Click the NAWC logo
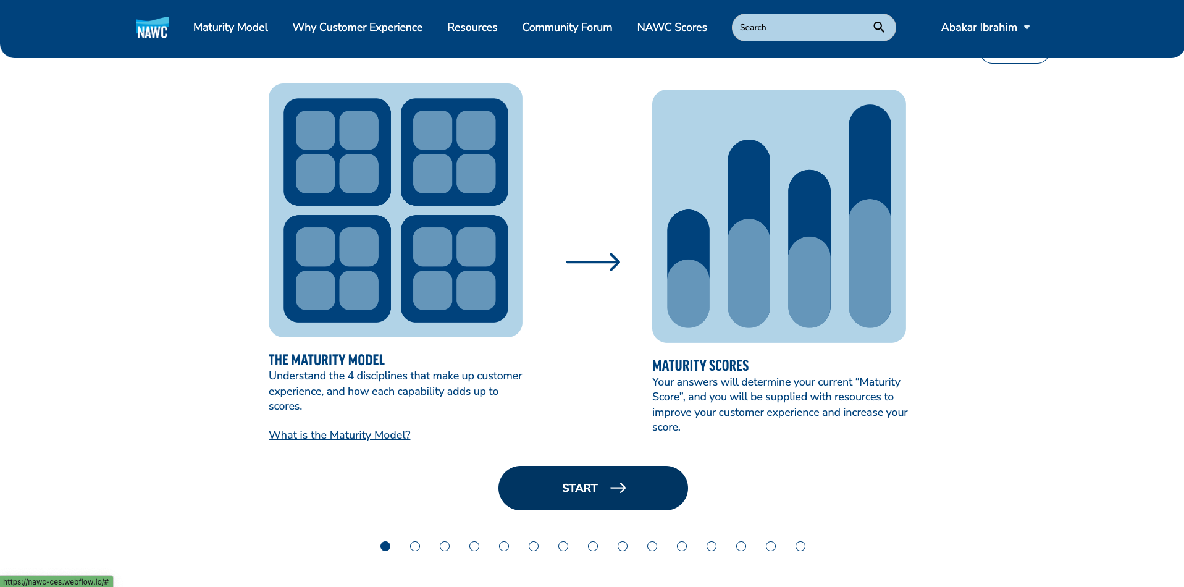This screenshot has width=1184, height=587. pyautogui.click(x=152, y=28)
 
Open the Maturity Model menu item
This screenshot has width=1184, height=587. pyautogui.click(x=230, y=27)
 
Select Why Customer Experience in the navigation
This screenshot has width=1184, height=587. pyautogui.click(x=358, y=27)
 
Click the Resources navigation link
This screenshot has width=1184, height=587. pyautogui.click(x=472, y=27)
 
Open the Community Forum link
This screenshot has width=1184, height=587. pyautogui.click(x=567, y=27)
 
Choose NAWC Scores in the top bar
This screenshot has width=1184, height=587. pyautogui.click(x=672, y=27)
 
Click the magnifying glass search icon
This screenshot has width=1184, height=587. pyautogui.click(x=879, y=27)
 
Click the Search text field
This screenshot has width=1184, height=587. pyautogui.click(x=803, y=27)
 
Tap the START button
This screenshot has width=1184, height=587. pyautogui.click(x=593, y=488)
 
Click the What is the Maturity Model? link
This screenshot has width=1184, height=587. pyautogui.click(x=340, y=435)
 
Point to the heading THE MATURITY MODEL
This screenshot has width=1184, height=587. pyautogui.click(x=327, y=360)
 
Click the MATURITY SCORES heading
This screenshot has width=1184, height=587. pyautogui.click(x=700, y=366)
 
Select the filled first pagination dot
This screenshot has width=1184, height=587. pyautogui.click(x=385, y=546)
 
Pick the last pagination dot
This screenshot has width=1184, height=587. pyautogui.click(x=800, y=546)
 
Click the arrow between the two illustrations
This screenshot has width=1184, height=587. pyautogui.click(x=593, y=262)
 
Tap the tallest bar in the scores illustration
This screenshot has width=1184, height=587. pyautogui.click(x=870, y=216)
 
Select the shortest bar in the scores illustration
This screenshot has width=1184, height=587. pyautogui.click(x=688, y=269)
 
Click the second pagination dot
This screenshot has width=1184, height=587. pyautogui.click(x=415, y=546)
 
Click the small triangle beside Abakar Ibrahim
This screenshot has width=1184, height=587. pyautogui.click(x=1027, y=28)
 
